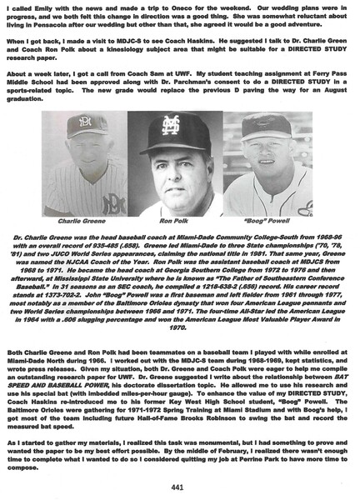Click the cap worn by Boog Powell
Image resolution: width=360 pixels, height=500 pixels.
272,126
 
